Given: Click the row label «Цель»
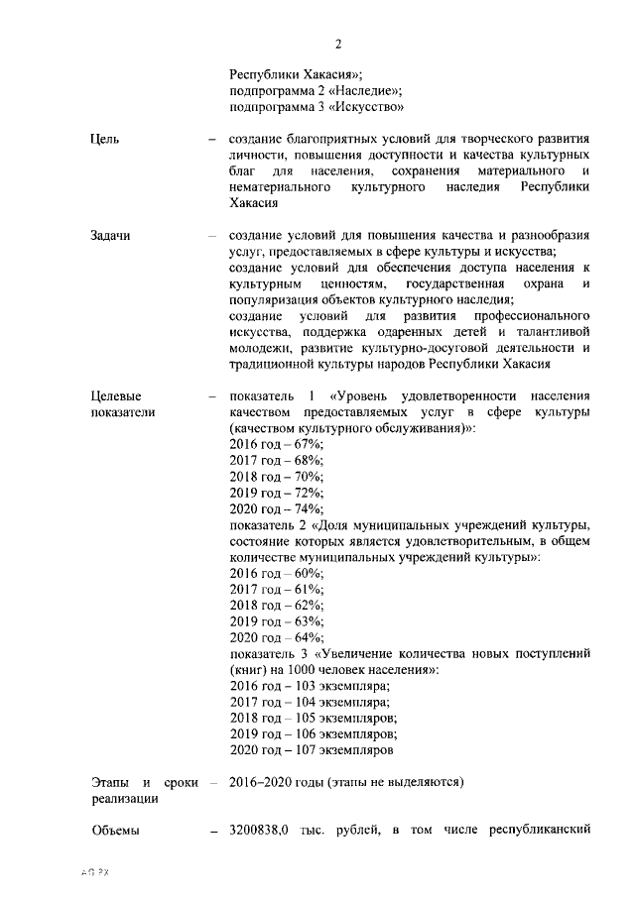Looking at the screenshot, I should pyautogui.click(x=105, y=139).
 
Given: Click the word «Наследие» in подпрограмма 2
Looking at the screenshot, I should pyautogui.click(x=351, y=90).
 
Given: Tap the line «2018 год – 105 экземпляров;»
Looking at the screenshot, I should pyautogui.click(x=313, y=718).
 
